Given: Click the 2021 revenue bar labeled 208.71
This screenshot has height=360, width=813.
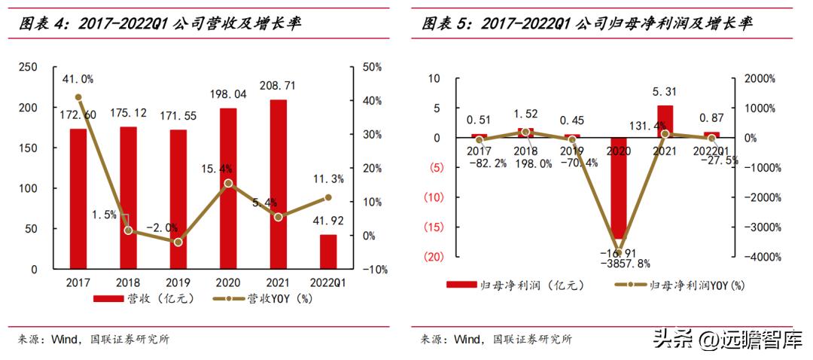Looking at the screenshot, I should click(x=279, y=185).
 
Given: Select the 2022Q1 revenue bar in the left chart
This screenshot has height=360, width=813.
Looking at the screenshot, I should click(x=328, y=252).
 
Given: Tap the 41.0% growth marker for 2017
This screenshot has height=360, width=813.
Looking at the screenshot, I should click(x=78, y=97).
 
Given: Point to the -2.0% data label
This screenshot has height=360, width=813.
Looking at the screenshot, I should click(x=162, y=227).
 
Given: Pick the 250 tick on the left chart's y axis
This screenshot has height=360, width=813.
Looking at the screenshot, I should click(x=27, y=67).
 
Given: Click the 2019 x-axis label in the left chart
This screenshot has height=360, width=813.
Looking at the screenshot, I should click(x=178, y=282).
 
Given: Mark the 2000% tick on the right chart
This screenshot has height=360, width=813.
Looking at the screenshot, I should click(x=763, y=78).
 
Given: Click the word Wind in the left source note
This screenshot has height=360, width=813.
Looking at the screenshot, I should click(x=65, y=340).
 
